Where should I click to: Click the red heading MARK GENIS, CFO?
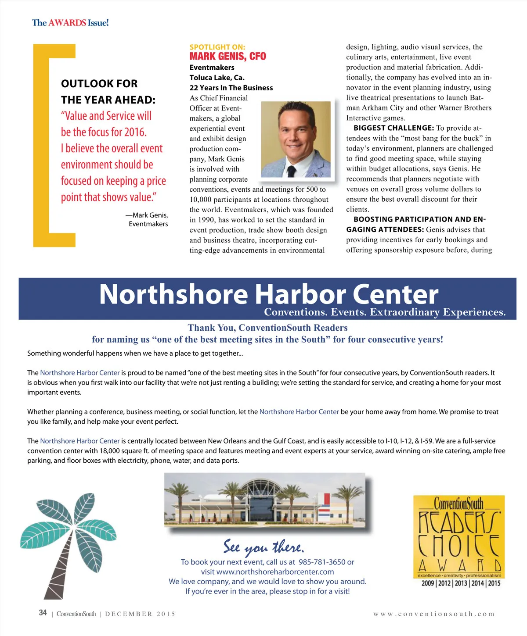click(227, 56)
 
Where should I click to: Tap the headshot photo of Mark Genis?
click(296, 139)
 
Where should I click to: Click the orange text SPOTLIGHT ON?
click(217, 47)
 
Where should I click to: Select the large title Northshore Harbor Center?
click(268, 294)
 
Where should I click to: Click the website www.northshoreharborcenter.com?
click(275, 572)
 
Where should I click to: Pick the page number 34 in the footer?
click(43, 613)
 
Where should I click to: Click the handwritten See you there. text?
click(263, 547)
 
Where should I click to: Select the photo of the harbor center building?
click(265, 500)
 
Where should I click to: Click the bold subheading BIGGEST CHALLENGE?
click(393, 128)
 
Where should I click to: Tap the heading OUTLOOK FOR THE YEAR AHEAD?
click(108, 92)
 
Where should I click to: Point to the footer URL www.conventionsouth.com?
click(433, 614)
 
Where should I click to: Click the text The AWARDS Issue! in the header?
click(70, 23)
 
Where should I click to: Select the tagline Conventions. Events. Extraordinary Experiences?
click(385, 312)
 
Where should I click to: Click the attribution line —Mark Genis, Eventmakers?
click(147, 219)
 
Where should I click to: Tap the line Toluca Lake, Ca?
click(217, 78)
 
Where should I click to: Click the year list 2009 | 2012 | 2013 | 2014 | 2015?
click(461, 583)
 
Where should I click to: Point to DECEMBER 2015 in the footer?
click(140, 614)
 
